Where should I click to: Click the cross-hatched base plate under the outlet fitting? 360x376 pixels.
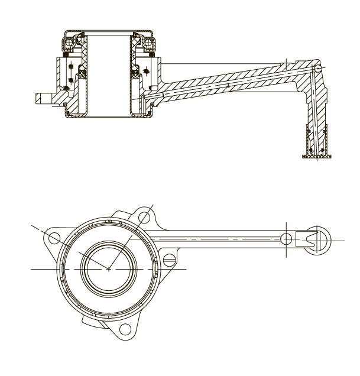pos(316,156)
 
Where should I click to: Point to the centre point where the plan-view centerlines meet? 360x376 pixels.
pos(109,269)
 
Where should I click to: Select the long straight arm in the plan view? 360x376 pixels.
pos(225,239)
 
